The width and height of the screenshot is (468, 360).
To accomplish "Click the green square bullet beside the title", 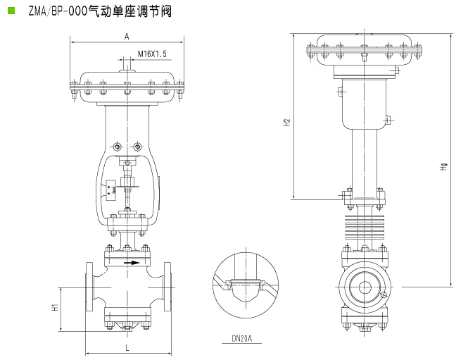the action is [x=11, y=11].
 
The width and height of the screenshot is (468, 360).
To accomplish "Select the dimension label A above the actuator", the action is [x=127, y=37].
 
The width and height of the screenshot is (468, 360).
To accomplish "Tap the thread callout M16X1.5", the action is [x=152, y=54].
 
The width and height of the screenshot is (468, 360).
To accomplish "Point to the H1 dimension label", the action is [x=55, y=307].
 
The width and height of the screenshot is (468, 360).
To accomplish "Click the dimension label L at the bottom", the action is [x=127, y=347].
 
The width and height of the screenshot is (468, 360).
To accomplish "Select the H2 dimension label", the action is [x=286, y=123].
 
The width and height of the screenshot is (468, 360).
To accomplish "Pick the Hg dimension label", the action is [x=443, y=167].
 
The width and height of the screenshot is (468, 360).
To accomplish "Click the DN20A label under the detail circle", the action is [x=242, y=338].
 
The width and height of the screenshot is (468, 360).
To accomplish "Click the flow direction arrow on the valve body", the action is [x=132, y=263].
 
